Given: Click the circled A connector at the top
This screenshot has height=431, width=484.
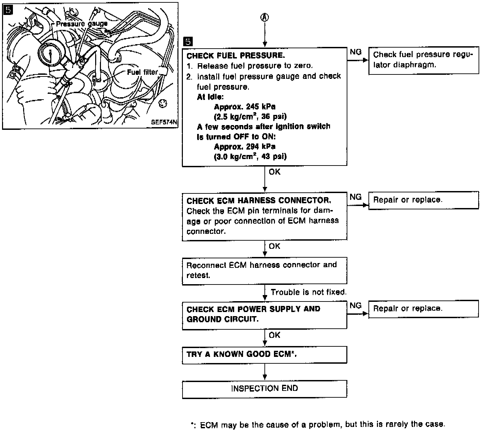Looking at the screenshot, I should (x=265, y=18).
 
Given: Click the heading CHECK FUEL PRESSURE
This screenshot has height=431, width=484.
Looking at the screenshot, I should (x=236, y=55).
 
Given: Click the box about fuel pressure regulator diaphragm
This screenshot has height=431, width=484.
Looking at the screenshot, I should (x=423, y=60).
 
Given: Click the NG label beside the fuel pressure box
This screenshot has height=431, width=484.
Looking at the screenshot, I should (x=356, y=52).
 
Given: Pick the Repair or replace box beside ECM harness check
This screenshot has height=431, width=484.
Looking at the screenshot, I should (x=423, y=200).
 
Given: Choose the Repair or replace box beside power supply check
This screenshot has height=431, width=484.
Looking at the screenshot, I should (x=423, y=309).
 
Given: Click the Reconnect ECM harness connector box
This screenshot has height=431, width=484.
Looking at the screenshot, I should (x=264, y=270).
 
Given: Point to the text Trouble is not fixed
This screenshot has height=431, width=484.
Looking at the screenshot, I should (x=308, y=292).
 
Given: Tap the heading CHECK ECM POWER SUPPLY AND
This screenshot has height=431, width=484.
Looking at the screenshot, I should (x=253, y=309).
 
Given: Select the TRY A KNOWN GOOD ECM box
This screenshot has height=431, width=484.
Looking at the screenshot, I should (x=264, y=355).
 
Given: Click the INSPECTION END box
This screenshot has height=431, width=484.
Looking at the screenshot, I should (x=264, y=389).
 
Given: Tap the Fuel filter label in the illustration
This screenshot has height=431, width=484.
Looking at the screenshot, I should (x=142, y=72).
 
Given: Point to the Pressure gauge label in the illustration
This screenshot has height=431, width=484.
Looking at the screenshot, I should (x=82, y=24).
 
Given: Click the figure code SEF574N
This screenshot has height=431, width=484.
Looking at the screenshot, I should (x=165, y=122).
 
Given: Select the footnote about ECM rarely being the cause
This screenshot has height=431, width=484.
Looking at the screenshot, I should (x=317, y=425).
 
